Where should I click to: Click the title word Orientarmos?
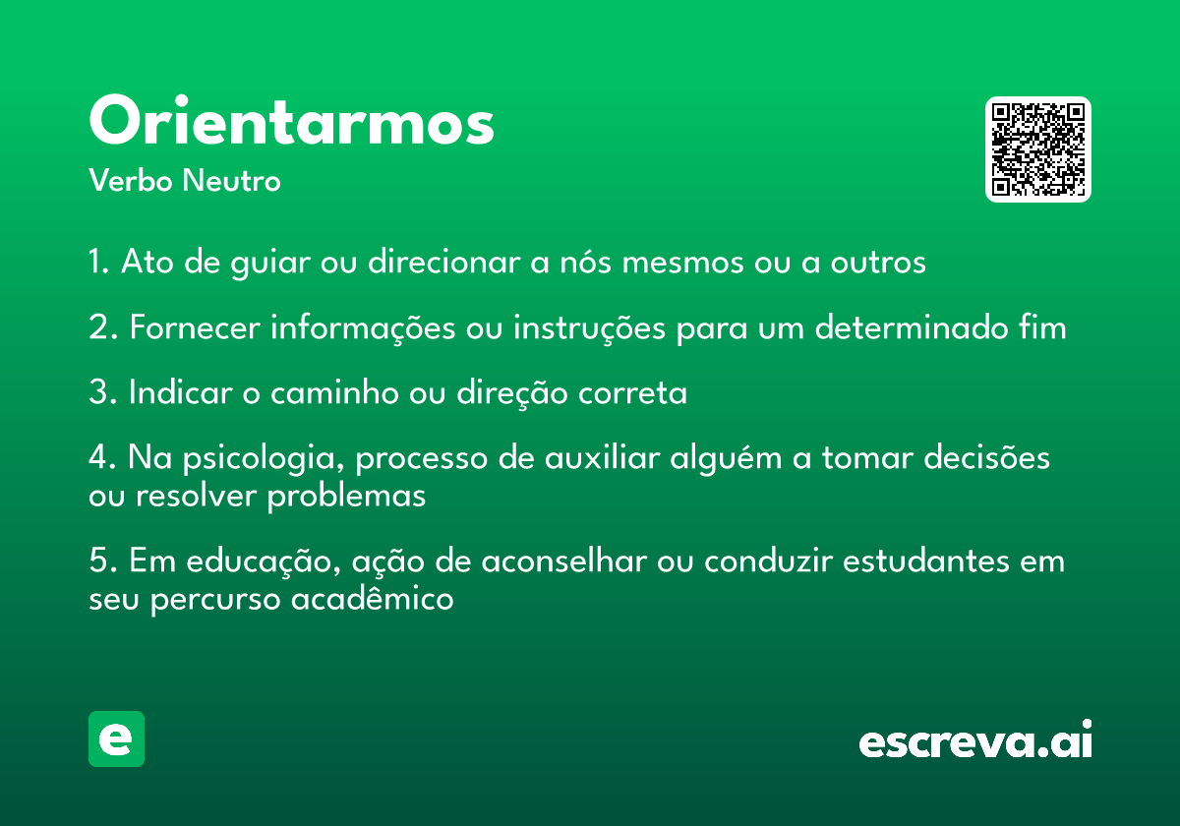pos(292,120)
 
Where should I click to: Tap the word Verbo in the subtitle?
pos(131,181)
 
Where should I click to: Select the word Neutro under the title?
pos(231,181)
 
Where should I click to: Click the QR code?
pos(1037,149)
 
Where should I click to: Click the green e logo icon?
pos(116,738)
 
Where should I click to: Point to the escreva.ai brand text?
pos(975,739)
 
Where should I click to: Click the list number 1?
pos(98,262)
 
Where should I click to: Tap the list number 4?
pos(102,456)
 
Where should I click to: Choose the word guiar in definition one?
pos(270,264)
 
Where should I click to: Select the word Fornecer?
pos(195,327)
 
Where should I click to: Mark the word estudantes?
pos(926,560)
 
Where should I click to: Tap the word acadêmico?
pos(372,598)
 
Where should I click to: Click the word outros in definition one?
pos(878,262)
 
